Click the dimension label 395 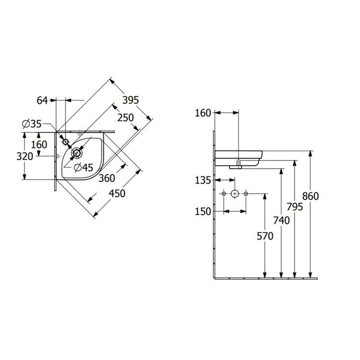click(x=130, y=100)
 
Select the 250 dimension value click(x=125, y=118)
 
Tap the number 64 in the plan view click(x=42, y=101)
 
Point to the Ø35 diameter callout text click(x=32, y=124)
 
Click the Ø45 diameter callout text click(x=84, y=168)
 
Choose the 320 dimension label click(x=25, y=157)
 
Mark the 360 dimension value click(x=107, y=178)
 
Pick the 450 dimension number click(x=117, y=193)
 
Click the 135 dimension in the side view click(x=203, y=180)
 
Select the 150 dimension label click(x=203, y=212)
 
